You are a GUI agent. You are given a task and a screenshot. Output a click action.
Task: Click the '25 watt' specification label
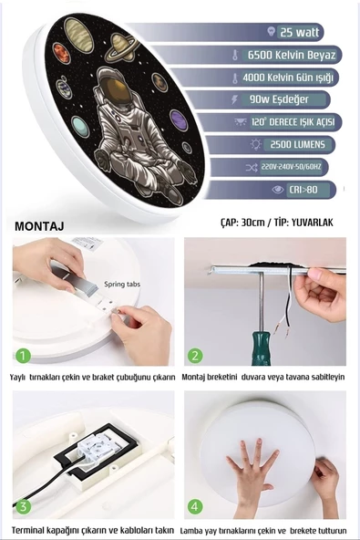click(300, 32)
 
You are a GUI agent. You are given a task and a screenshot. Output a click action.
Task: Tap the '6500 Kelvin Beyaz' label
click(292, 55)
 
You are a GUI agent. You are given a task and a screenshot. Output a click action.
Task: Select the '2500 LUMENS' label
click(298, 144)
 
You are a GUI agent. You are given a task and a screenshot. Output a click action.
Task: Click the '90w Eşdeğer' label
click(279, 99)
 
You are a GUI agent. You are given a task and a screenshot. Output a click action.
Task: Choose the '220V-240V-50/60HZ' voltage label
click(291, 167)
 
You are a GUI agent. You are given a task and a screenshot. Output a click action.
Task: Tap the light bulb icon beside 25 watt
click(272, 31)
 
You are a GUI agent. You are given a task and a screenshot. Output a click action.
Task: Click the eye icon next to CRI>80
click(278, 190)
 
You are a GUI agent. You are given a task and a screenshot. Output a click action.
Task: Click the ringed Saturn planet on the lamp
click(121, 47)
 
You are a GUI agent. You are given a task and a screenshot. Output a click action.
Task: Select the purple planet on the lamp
click(179, 120)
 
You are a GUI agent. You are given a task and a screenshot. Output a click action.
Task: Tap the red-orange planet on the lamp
click(61, 53)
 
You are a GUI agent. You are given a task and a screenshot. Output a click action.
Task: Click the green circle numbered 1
click(23, 356)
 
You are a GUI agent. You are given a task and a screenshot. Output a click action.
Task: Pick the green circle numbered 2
click(195, 356)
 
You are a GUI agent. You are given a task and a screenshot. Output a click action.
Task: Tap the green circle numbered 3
click(23, 506)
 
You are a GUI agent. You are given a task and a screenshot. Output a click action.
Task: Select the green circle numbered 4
click(195, 506)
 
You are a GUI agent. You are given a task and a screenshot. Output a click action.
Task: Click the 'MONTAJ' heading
click(39, 226)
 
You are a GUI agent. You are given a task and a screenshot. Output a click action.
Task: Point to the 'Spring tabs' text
click(122, 285)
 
